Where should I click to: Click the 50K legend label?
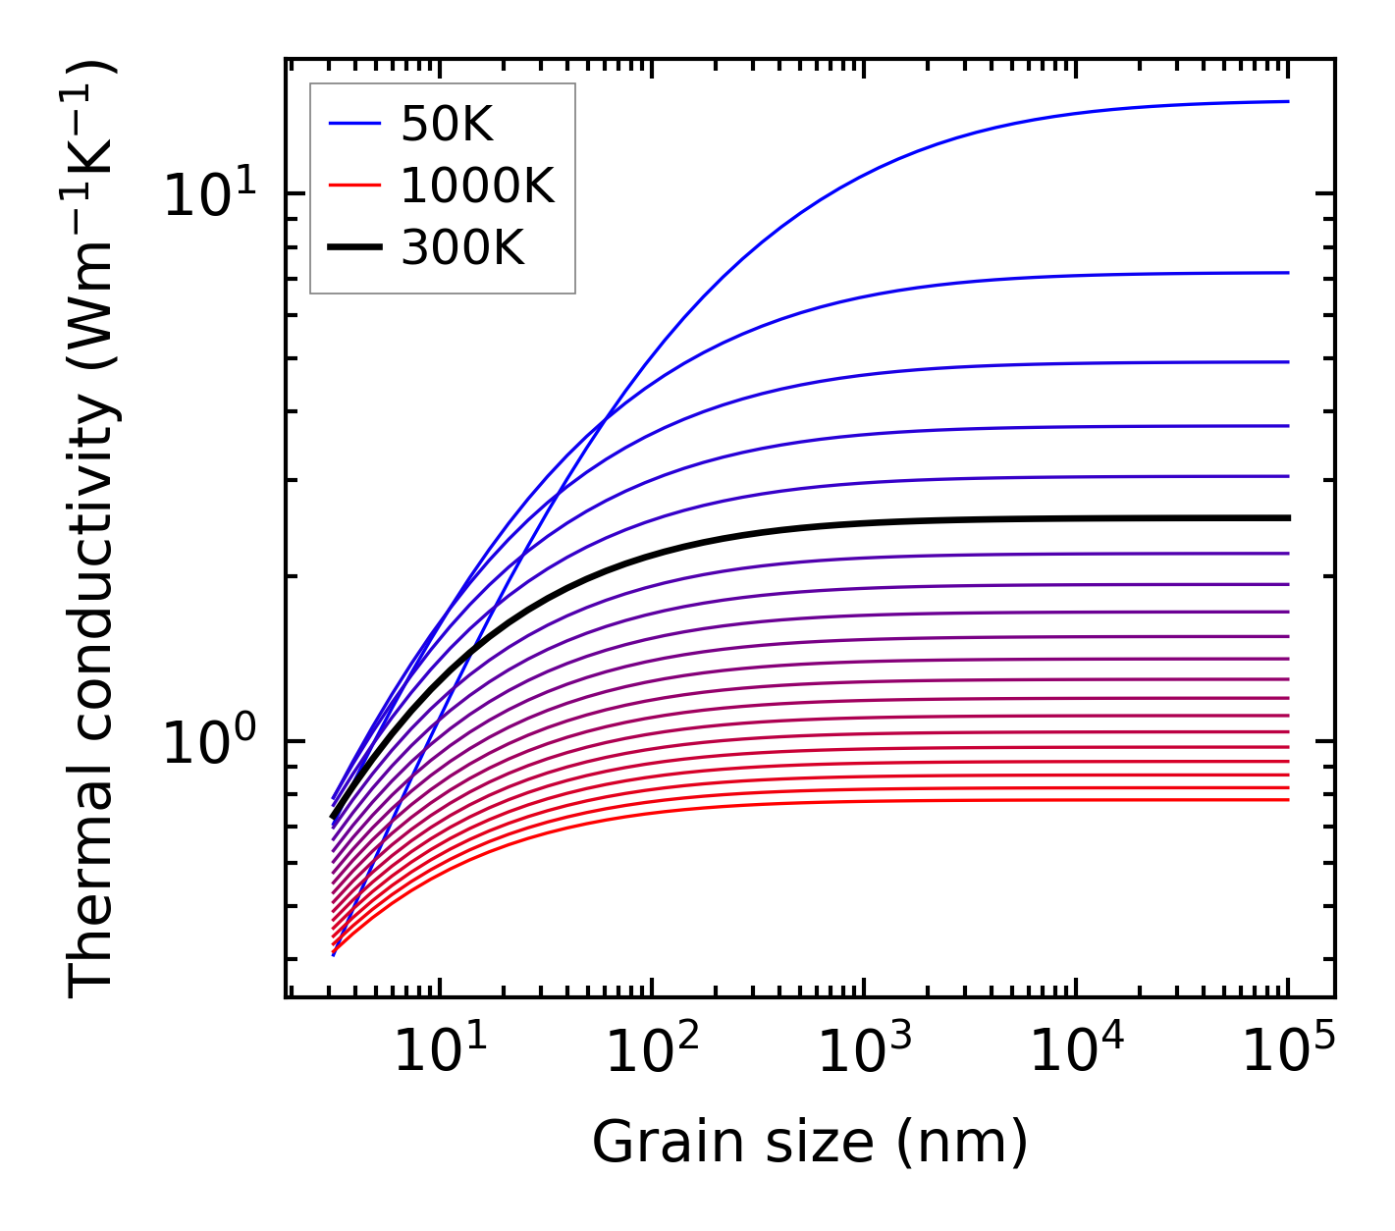coord(446,125)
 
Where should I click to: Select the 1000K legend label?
coord(477,186)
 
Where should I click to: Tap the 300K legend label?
coord(462,248)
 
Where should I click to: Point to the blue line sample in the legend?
coord(353,124)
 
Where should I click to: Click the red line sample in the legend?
coord(353,186)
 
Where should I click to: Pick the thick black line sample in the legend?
coord(353,248)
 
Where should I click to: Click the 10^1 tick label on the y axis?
coord(207,194)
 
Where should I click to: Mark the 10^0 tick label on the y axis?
coord(207,742)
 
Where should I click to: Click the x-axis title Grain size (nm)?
coord(810,1143)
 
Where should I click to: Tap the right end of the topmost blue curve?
coord(1287,101)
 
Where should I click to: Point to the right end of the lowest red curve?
coord(1287,799)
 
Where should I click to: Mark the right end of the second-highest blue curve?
coord(1287,273)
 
